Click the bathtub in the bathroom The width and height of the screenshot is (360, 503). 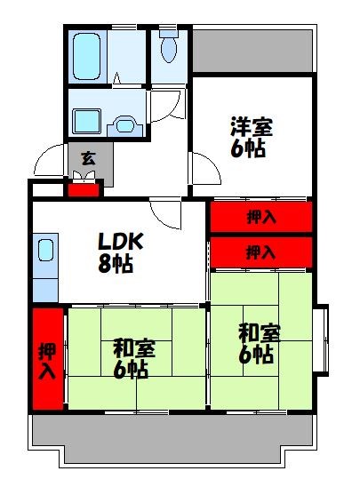(87, 56)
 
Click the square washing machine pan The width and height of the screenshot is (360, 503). (86, 119)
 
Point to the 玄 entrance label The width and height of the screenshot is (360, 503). (88, 159)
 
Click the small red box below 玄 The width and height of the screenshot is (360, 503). (84, 188)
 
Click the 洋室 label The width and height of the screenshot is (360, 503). (249, 128)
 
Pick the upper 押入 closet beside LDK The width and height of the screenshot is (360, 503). (260, 216)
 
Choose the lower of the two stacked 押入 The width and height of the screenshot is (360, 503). (260, 251)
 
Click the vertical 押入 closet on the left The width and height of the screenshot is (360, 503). (48, 359)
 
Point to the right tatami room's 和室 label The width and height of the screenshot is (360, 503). (260, 334)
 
